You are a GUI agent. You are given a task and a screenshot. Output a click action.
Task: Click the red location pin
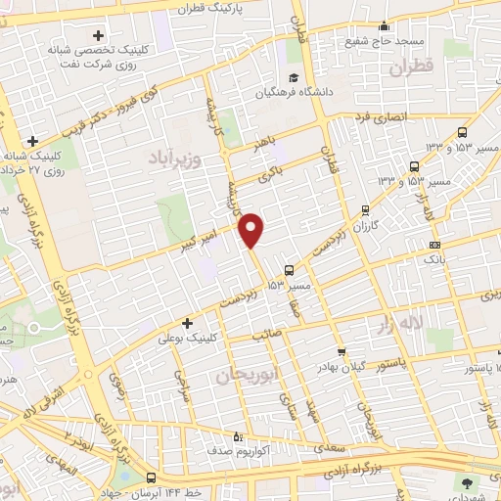click(x=252, y=230)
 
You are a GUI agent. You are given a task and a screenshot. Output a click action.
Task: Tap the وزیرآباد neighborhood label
click(x=175, y=158)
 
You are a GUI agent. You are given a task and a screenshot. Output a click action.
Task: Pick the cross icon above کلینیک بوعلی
click(x=187, y=323)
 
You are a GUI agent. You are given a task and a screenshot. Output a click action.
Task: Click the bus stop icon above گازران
click(x=365, y=209)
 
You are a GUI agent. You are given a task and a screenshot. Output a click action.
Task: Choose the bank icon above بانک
click(x=434, y=245)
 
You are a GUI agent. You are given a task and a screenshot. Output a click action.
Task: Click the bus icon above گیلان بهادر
click(x=341, y=352)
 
